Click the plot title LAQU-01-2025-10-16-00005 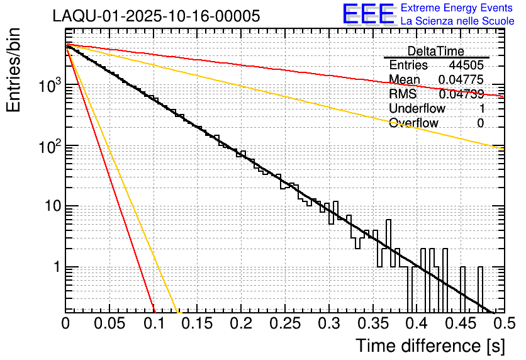pyautogui.click(x=156, y=16)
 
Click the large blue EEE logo pyautogui.click(x=368, y=14)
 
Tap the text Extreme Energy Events pyautogui.click(x=457, y=8)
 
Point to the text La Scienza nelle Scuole pyautogui.click(x=457, y=21)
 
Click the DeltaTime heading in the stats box pyautogui.click(x=436, y=51)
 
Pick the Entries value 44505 pyautogui.click(x=466, y=65)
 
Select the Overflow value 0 pyautogui.click(x=480, y=123)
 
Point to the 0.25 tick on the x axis pyautogui.click(x=284, y=323)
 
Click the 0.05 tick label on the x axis pyautogui.click(x=109, y=323)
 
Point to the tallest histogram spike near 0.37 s pyautogui.click(x=388, y=222)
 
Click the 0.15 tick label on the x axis pyautogui.click(x=197, y=323)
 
